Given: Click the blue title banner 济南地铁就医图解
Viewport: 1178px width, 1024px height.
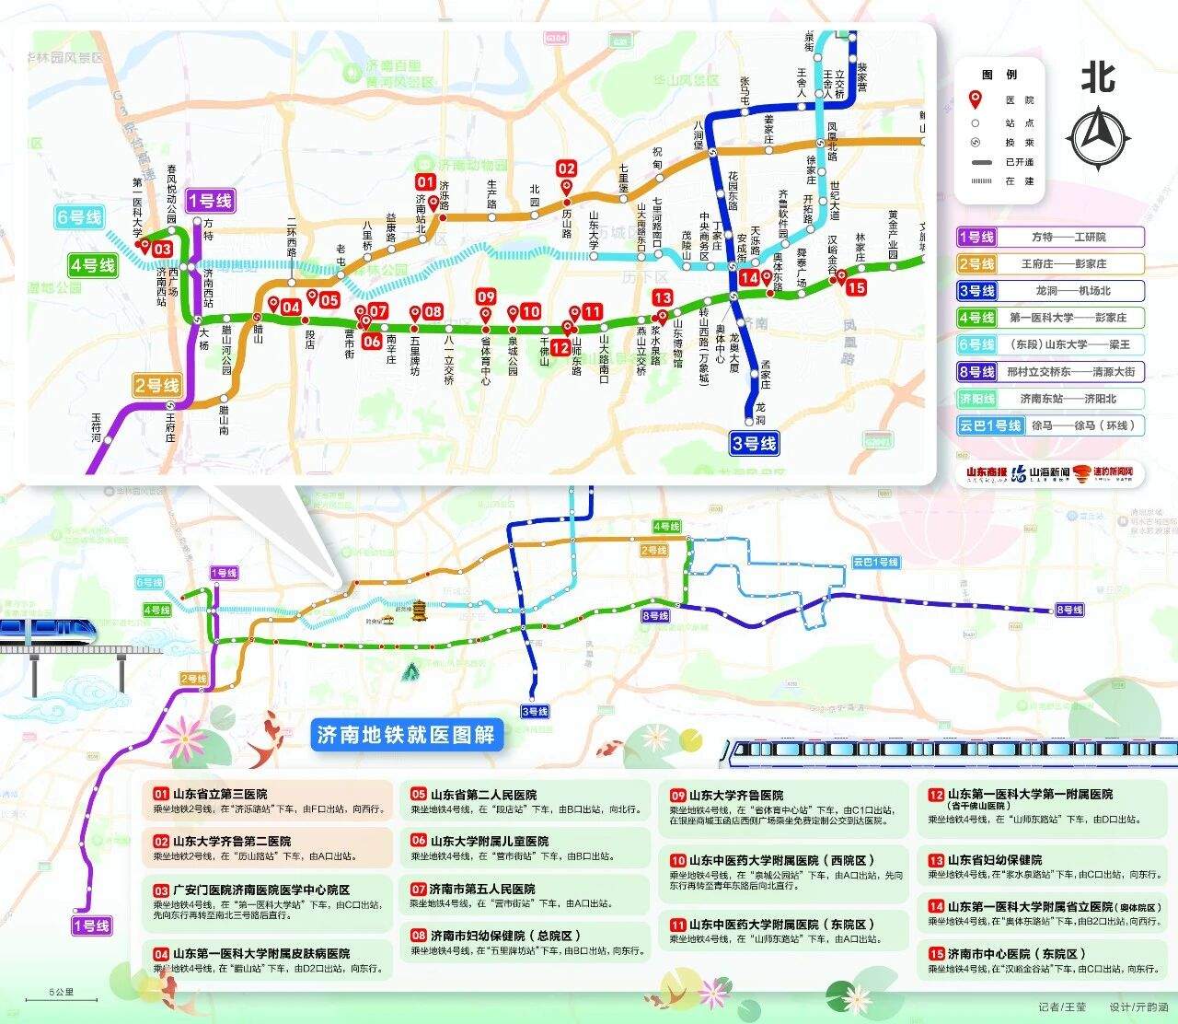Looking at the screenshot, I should [x=405, y=735].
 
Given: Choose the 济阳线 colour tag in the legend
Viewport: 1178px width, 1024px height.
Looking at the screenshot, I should [x=976, y=399].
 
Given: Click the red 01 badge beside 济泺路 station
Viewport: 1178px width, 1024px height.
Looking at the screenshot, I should [x=424, y=181].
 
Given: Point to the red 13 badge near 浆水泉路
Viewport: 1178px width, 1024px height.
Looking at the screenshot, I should [x=662, y=297].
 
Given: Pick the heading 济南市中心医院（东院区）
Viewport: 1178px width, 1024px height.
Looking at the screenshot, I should [x=1008, y=953].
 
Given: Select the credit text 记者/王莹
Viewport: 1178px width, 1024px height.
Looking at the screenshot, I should [x=1062, y=1007].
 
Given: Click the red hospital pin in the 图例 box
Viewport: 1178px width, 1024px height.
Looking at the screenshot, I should [x=975, y=99].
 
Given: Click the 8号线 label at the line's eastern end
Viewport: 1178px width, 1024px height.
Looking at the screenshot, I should [x=1069, y=610].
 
